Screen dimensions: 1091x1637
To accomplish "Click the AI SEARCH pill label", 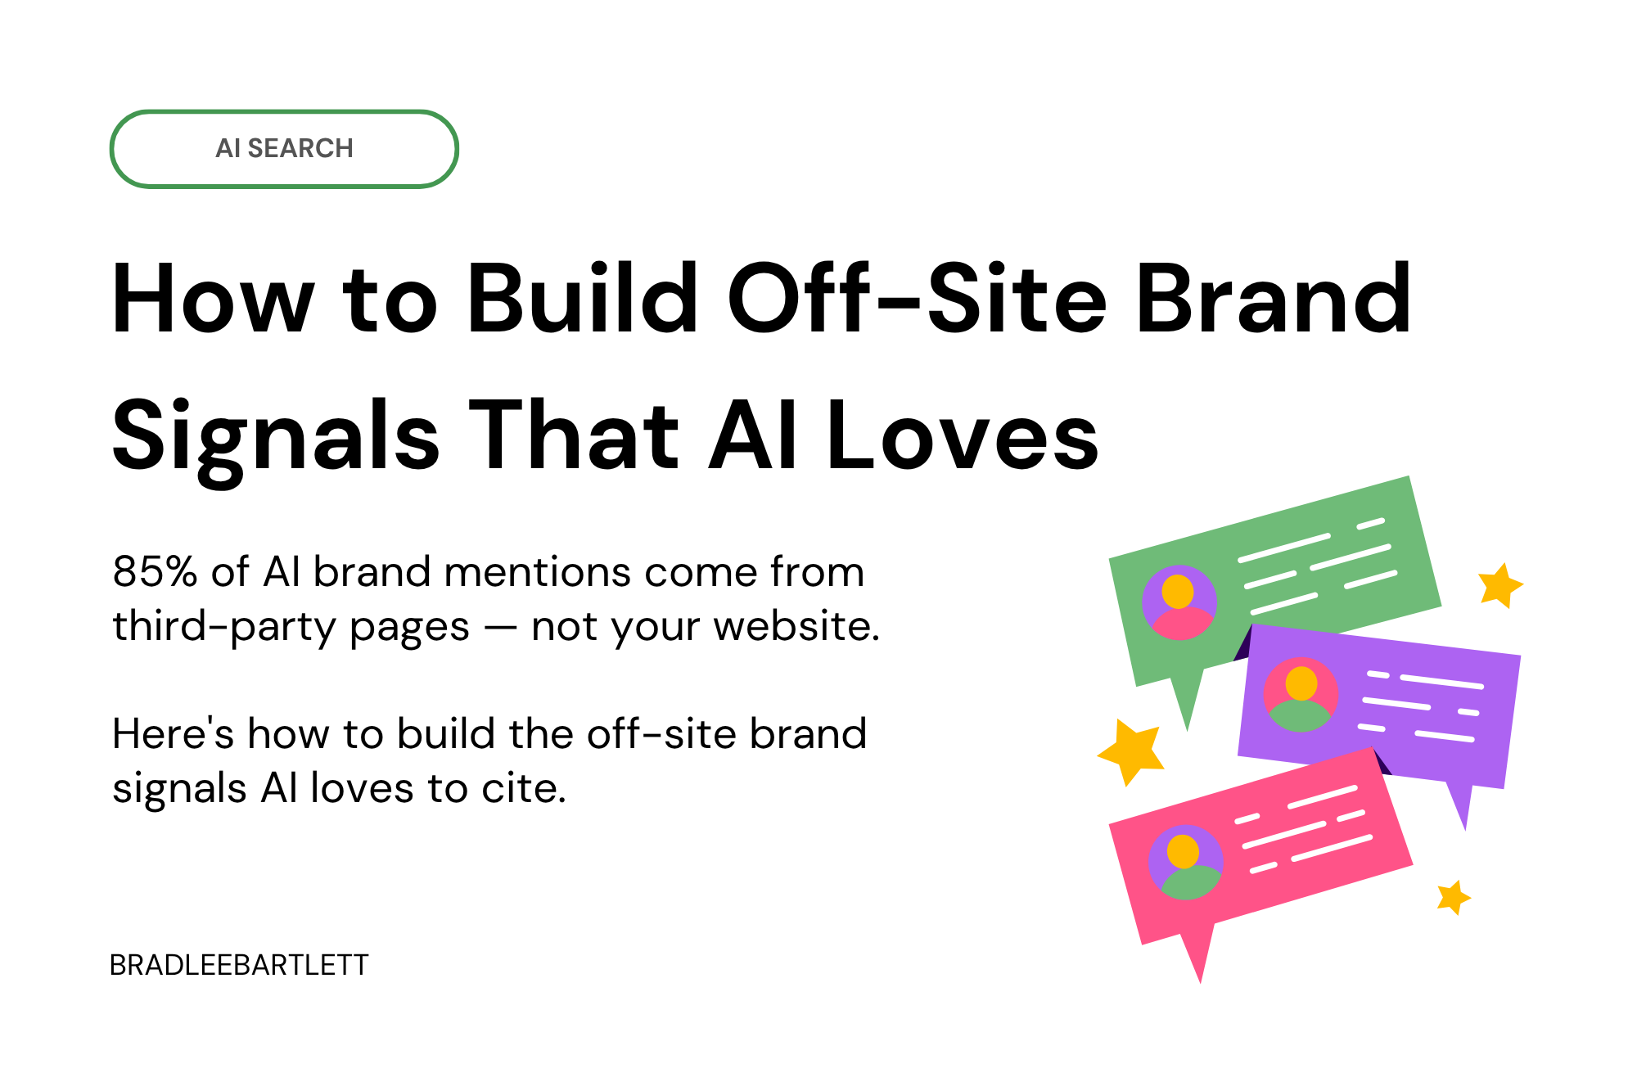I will coord(284,148).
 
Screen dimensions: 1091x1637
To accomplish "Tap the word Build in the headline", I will coord(582,299).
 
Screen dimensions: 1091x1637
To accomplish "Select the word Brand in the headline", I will coord(1274,299).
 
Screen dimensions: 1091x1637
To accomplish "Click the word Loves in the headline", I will coord(963,436).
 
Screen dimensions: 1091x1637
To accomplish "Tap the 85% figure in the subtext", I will coord(155,571).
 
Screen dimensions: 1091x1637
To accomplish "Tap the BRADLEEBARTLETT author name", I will coord(239,966).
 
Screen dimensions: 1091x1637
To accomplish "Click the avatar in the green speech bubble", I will coord(1179,602).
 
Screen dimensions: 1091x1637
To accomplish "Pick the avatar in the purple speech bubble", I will coord(1301,695).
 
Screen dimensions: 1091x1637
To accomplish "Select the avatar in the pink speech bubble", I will coord(1185,862).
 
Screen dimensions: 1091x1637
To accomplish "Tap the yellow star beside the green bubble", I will coord(1499,584).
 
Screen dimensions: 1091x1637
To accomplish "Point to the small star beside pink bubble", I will coord(1454,898).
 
